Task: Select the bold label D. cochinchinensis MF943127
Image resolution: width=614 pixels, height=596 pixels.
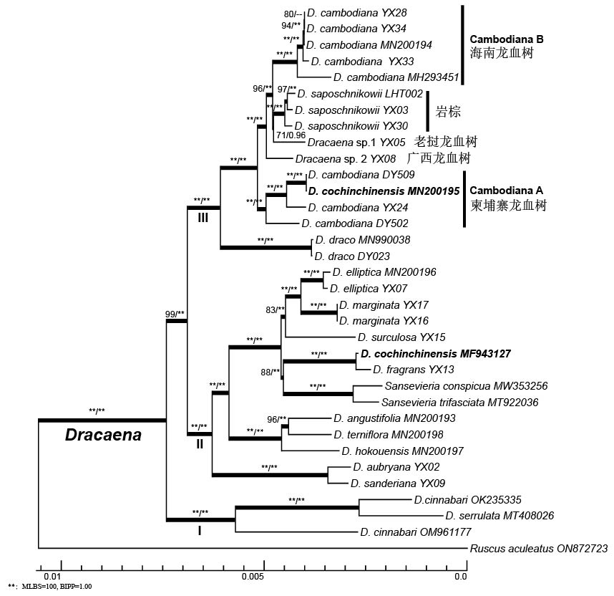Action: [436, 354]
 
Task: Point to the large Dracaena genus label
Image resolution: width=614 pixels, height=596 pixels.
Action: [103, 435]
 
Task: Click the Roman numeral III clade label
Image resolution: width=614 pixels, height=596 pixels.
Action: [203, 218]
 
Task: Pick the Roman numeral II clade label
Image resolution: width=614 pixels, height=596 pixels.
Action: [200, 443]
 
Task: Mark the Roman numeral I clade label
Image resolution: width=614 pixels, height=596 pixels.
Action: [200, 531]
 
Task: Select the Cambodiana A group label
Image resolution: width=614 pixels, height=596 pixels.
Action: [507, 191]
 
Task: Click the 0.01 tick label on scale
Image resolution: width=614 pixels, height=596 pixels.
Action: [52, 575]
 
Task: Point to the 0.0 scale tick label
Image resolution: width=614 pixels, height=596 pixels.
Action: [460, 575]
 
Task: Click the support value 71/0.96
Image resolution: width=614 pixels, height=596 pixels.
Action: [291, 135]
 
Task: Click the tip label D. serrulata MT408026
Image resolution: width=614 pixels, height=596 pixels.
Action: [499, 516]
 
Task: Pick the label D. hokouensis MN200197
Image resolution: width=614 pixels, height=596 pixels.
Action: [402, 451]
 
